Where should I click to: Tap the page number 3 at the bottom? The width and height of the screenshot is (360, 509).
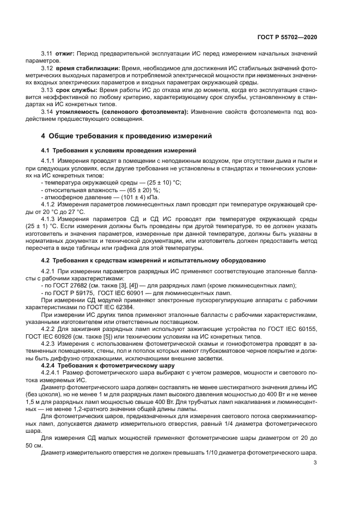pos(315,463)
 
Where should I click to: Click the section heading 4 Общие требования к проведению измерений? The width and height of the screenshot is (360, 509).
pos(126,136)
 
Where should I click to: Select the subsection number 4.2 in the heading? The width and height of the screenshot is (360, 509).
pos(46,261)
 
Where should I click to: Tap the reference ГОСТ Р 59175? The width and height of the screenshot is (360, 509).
pos(70,293)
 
